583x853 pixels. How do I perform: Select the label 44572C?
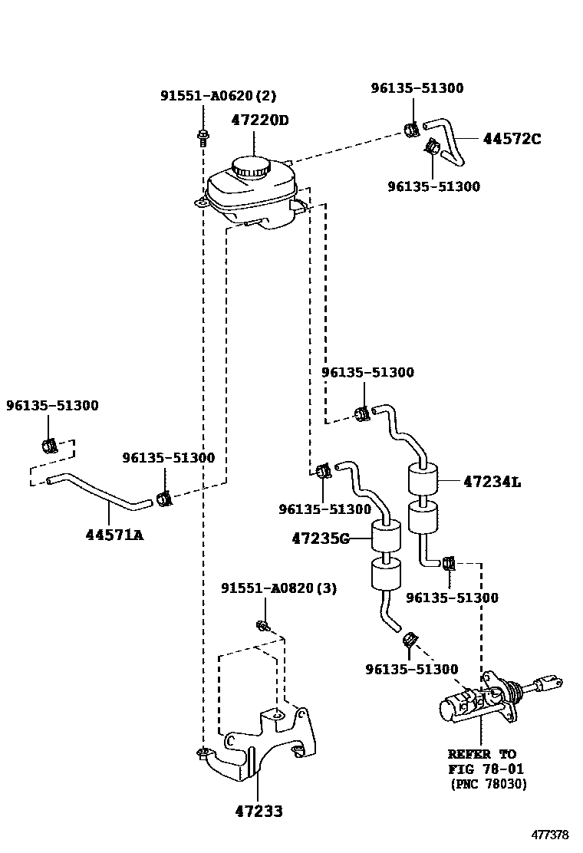pos(512,139)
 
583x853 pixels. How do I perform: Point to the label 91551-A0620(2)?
pos(218,96)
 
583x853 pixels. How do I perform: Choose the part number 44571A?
pos(114,535)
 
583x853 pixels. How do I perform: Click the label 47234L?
pos(492,482)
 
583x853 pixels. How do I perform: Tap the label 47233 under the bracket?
pos(259,811)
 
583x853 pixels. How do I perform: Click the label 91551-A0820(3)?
pos(279,588)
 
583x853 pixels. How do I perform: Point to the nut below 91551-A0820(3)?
pos(262,625)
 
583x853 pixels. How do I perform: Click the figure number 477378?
pos(551,835)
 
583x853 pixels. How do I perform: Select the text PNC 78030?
pos(488,783)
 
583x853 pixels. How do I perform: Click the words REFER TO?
pos(482,754)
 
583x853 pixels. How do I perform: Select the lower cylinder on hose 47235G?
pos(385,574)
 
